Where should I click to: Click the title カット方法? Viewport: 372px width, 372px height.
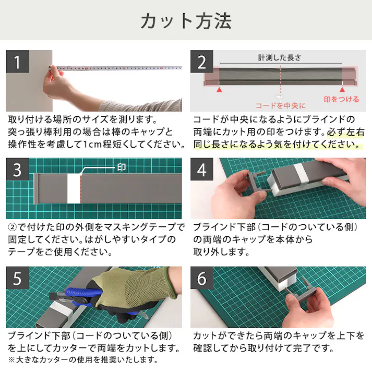tap(186, 21)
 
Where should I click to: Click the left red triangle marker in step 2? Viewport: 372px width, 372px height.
tap(220, 90)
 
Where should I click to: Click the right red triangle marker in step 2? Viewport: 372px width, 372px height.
tap(342, 90)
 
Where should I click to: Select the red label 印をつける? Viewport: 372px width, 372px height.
tap(341, 99)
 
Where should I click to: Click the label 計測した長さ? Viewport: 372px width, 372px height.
tap(280, 58)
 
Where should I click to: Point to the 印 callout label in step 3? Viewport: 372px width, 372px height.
tap(121, 167)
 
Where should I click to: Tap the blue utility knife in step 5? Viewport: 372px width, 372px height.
tap(78, 295)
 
